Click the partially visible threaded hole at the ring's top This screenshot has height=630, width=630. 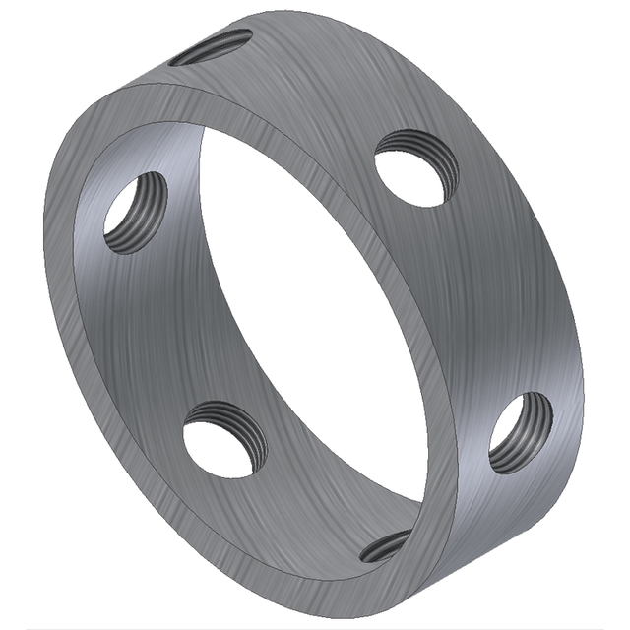point(210,47)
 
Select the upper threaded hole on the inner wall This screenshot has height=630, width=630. point(136,213)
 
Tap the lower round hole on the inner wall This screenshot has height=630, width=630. point(223,440)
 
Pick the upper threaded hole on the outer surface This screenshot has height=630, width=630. point(416,168)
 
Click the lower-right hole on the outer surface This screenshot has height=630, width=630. point(520,433)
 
